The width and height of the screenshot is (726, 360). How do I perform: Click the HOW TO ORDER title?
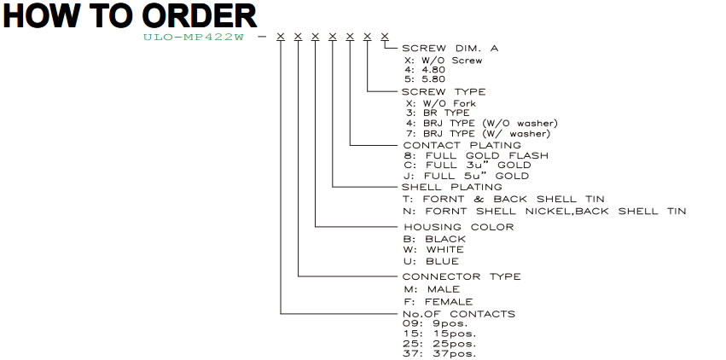[130, 15]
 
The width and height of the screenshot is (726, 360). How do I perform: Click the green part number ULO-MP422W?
[193, 38]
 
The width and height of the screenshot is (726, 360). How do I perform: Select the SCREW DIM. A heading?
[450, 48]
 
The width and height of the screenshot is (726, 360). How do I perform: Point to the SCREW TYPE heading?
[444, 92]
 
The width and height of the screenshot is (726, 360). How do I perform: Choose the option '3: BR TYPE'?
[437, 113]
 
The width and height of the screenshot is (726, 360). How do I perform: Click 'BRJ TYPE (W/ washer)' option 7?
[478, 134]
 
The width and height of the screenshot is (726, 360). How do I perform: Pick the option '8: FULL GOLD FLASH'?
[476, 155]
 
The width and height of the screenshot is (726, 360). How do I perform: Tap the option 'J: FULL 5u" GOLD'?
[467, 176]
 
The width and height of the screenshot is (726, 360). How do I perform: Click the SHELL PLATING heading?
[452, 187]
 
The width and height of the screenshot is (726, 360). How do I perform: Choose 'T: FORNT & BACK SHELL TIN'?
[504, 199]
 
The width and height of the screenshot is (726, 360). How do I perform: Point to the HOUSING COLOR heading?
[459, 227]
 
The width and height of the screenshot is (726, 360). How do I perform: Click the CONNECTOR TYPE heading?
[462, 276]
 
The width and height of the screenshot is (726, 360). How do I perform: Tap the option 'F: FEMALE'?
[438, 302]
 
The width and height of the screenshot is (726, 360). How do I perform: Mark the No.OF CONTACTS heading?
[459, 314]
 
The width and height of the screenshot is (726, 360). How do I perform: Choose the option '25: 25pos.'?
[439, 345]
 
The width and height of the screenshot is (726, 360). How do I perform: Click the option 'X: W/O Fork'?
[440, 103]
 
